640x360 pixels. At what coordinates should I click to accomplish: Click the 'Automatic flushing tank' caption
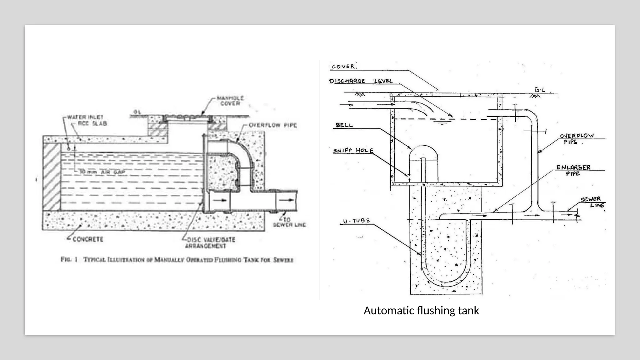coord(421,311)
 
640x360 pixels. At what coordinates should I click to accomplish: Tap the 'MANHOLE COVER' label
coord(230,101)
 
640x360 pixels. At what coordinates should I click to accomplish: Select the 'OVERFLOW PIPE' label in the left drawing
coord(272,125)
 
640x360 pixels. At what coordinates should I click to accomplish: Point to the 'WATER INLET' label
coord(85,117)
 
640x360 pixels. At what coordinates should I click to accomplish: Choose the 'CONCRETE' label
coord(88,239)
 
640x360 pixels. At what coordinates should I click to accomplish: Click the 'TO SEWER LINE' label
coord(289,222)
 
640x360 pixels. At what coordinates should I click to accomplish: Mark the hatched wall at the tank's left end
coord(52,177)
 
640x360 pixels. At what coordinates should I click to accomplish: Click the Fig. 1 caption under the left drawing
coord(177,260)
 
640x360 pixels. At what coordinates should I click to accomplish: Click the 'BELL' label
coord(344,125)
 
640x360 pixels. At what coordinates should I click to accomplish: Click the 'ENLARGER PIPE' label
coord(573,170)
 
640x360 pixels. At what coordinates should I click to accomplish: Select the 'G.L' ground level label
coord(540,90)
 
